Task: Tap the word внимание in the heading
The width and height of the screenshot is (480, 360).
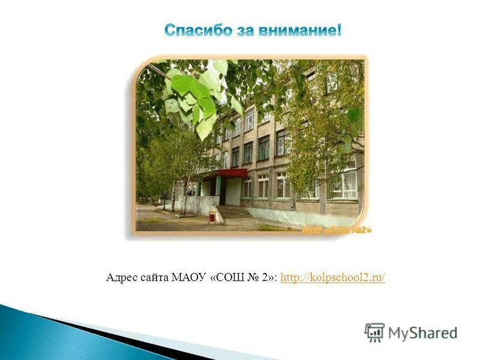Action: click(298, 31)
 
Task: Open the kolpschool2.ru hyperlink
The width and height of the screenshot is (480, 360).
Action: click(332, 277)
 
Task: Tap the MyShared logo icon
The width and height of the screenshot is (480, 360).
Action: click(374, 332)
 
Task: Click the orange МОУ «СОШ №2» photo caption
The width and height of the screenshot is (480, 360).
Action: click(336, 230)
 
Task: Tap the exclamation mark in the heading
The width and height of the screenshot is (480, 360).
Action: click(338, 31)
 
